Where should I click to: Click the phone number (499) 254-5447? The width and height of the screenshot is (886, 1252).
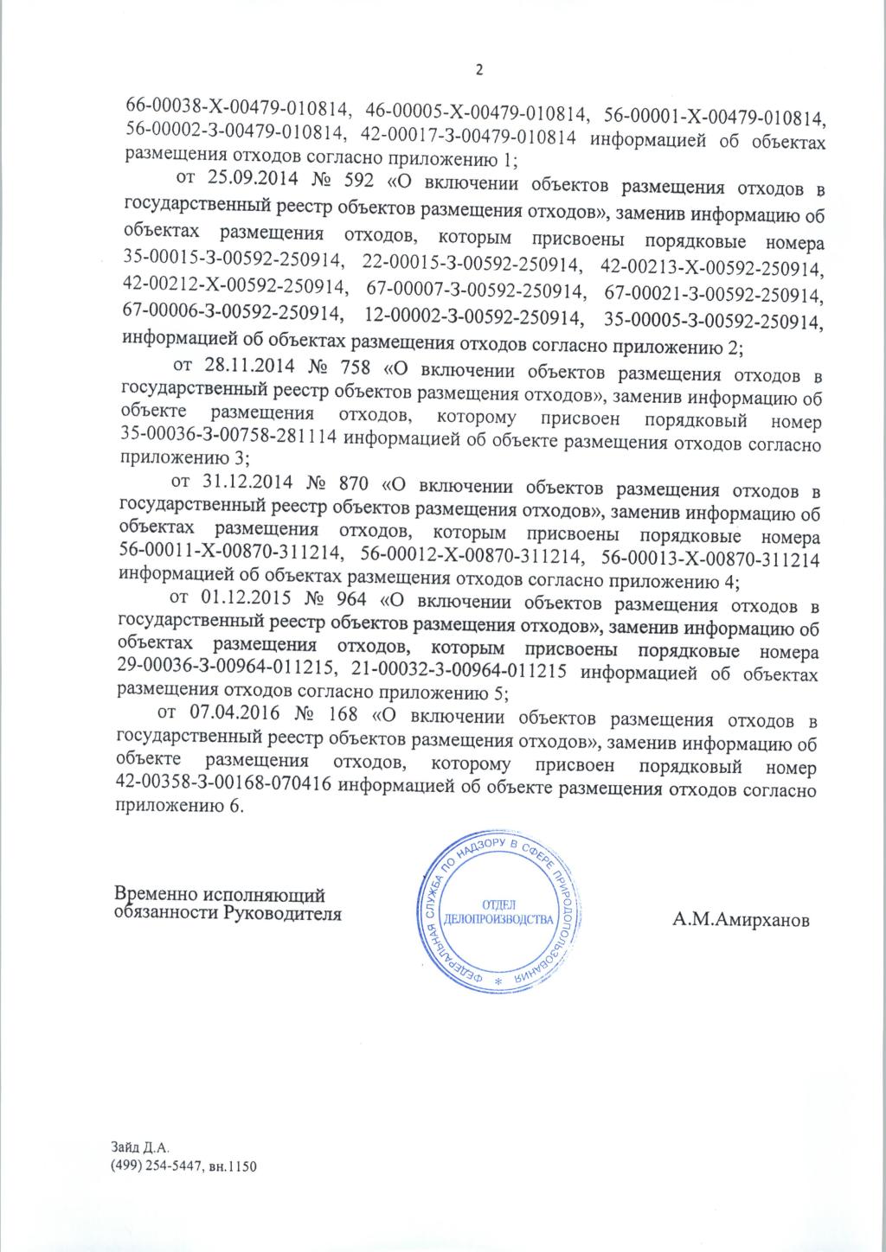tap(161, 1166)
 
